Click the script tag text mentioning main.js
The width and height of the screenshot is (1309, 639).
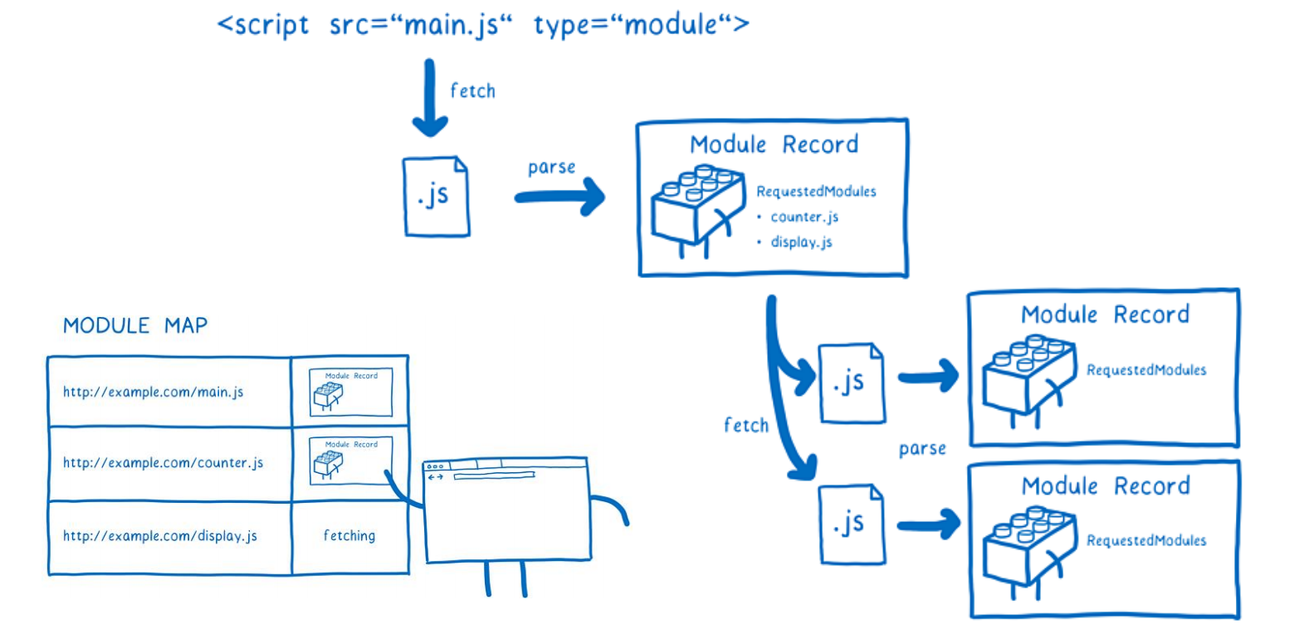point(482,25)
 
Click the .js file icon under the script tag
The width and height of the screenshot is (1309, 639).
point(437,197)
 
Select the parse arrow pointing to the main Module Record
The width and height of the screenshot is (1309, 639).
point(560,198)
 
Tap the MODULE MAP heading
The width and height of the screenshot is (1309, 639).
point(135,325)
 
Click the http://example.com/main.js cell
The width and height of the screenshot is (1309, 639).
point(154,392)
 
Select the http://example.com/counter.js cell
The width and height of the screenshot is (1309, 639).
point(163,462)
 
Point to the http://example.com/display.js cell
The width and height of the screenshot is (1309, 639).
point(160,536)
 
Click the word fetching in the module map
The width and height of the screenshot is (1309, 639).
point(349,536)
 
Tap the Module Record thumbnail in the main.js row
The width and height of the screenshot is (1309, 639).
point(350,392)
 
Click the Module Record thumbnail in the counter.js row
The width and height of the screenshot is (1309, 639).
point(350,461)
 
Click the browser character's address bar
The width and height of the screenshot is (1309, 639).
point(494,476)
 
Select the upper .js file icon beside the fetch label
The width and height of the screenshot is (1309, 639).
point(852,383)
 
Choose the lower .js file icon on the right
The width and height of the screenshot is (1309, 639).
point(852,524)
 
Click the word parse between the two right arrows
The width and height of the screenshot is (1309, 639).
point(922,449)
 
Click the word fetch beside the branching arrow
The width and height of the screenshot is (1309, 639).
point(746,425)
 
